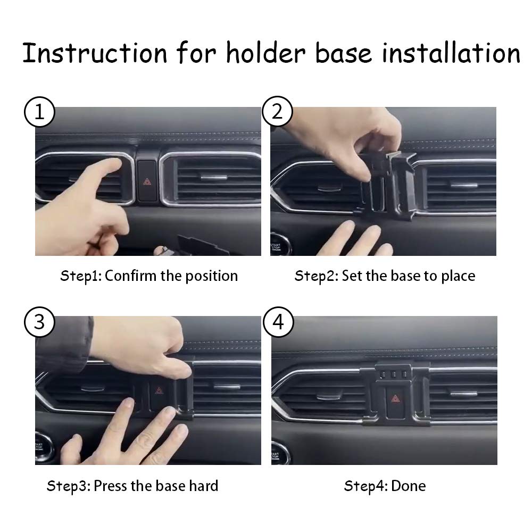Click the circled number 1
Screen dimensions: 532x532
pyautogui.click(x=38, y=112)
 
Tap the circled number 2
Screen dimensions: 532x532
pyautogui.click(x=277, y=112)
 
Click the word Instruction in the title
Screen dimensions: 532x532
pyautogui.click(x=94, y=54)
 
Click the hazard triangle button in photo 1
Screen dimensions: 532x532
pyautogui.click(x=147, y=181)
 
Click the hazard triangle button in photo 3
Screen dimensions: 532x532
pyautogui.click(x=159, y=391)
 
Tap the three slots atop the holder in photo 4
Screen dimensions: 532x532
pyautogui.click(x=394, y=374)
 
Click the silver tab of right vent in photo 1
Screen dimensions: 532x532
pyautogui.click(x=213, y=176)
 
